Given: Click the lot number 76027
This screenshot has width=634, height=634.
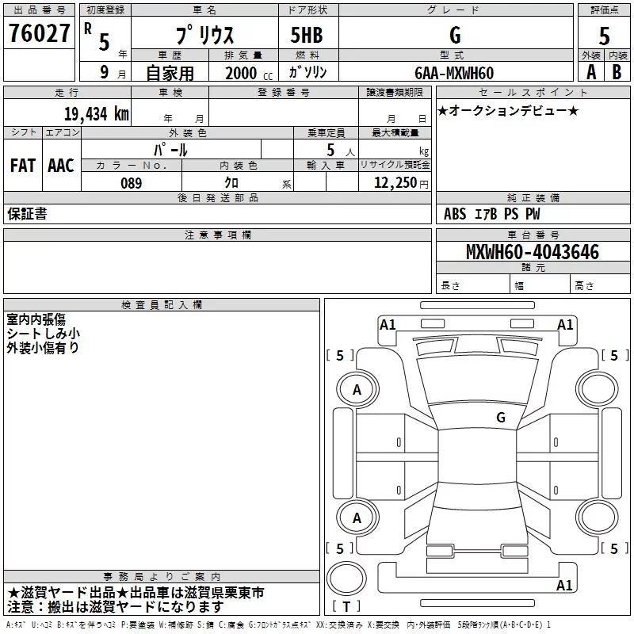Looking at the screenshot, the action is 39,33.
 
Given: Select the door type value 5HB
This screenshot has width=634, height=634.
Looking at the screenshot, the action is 307,35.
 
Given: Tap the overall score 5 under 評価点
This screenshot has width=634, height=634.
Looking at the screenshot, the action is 604,36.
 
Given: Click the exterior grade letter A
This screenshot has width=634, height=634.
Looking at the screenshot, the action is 591,72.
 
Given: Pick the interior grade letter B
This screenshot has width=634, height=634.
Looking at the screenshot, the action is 617,72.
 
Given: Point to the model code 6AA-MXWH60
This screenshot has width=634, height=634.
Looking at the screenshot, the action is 454,73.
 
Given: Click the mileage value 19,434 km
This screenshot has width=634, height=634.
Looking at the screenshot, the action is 96,113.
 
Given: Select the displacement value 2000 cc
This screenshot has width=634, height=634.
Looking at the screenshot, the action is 249,74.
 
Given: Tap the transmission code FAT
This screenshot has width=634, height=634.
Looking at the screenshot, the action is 23,166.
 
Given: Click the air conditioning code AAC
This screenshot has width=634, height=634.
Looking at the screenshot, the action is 61,166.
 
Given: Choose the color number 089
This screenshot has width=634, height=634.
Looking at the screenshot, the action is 131,183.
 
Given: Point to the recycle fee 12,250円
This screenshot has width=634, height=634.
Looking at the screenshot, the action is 401,183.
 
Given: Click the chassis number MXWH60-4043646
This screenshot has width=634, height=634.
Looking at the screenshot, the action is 533,251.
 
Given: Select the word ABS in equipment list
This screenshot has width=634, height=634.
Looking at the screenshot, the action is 455,214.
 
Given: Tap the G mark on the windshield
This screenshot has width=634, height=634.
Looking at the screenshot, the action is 501,418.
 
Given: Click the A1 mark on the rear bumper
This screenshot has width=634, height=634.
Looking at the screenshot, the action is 564,585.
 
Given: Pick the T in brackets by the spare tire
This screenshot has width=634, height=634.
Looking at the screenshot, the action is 346,606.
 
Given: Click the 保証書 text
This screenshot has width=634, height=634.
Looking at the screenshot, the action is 27,213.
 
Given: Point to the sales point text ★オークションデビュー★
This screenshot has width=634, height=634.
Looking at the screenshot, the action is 508,110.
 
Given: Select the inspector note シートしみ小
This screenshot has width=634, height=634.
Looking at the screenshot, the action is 43,334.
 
